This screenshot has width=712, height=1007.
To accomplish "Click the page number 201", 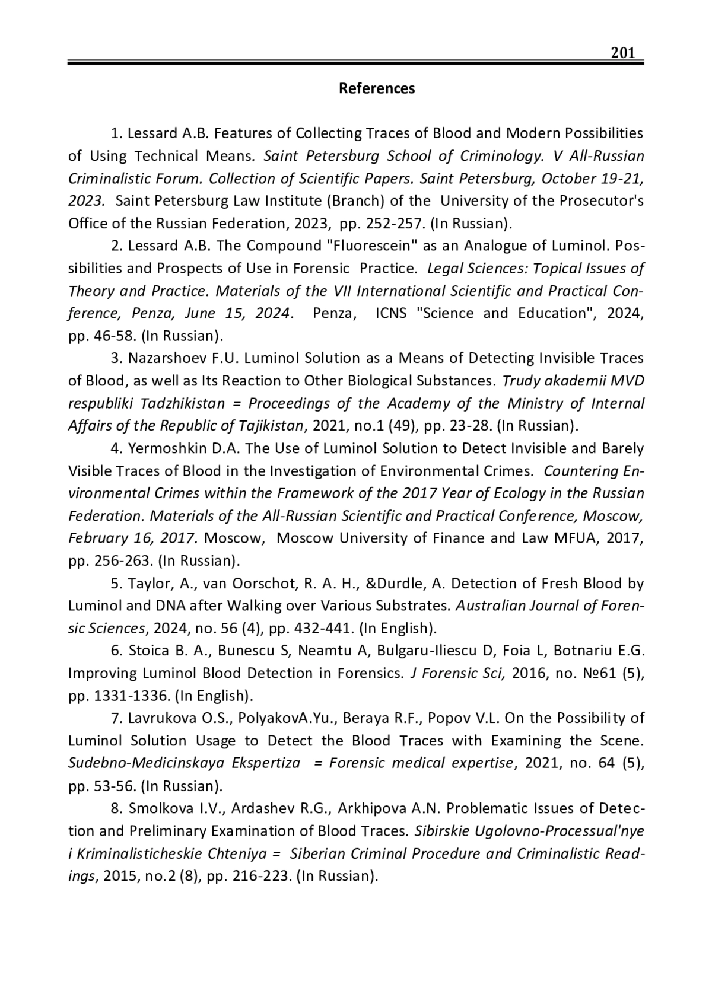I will (623, 53).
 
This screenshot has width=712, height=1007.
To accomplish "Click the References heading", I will (377, 89).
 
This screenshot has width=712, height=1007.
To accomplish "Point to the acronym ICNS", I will (391, 313).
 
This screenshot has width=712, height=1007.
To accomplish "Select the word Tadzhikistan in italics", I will (183, 403).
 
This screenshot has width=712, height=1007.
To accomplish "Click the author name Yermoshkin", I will (164, 448).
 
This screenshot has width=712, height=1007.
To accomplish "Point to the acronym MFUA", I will (574, 538).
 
